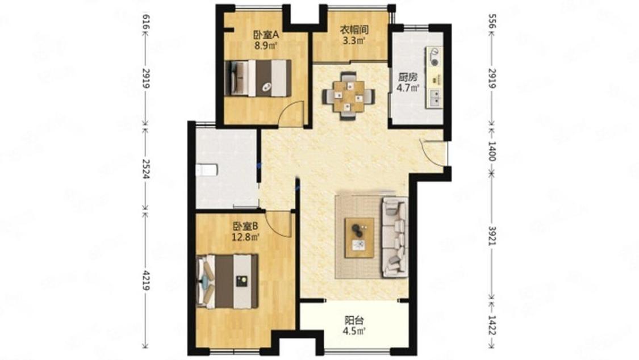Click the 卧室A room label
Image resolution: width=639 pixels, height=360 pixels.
coord(266,35)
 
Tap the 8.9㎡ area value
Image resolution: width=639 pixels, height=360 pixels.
coord(266,45)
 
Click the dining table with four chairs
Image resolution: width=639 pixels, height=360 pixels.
coord(348,96)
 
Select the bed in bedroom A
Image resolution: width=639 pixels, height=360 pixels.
coord(258,78)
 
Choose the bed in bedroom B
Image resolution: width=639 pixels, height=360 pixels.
coord(227,281)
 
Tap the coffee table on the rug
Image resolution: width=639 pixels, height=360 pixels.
coord(360,238)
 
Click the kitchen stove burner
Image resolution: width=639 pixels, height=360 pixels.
coord(435,62)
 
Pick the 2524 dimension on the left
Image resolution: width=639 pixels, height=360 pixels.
coord(145,169)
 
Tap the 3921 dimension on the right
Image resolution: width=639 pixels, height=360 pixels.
coord(492,236)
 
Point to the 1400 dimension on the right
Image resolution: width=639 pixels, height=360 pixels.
coord(492,151)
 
